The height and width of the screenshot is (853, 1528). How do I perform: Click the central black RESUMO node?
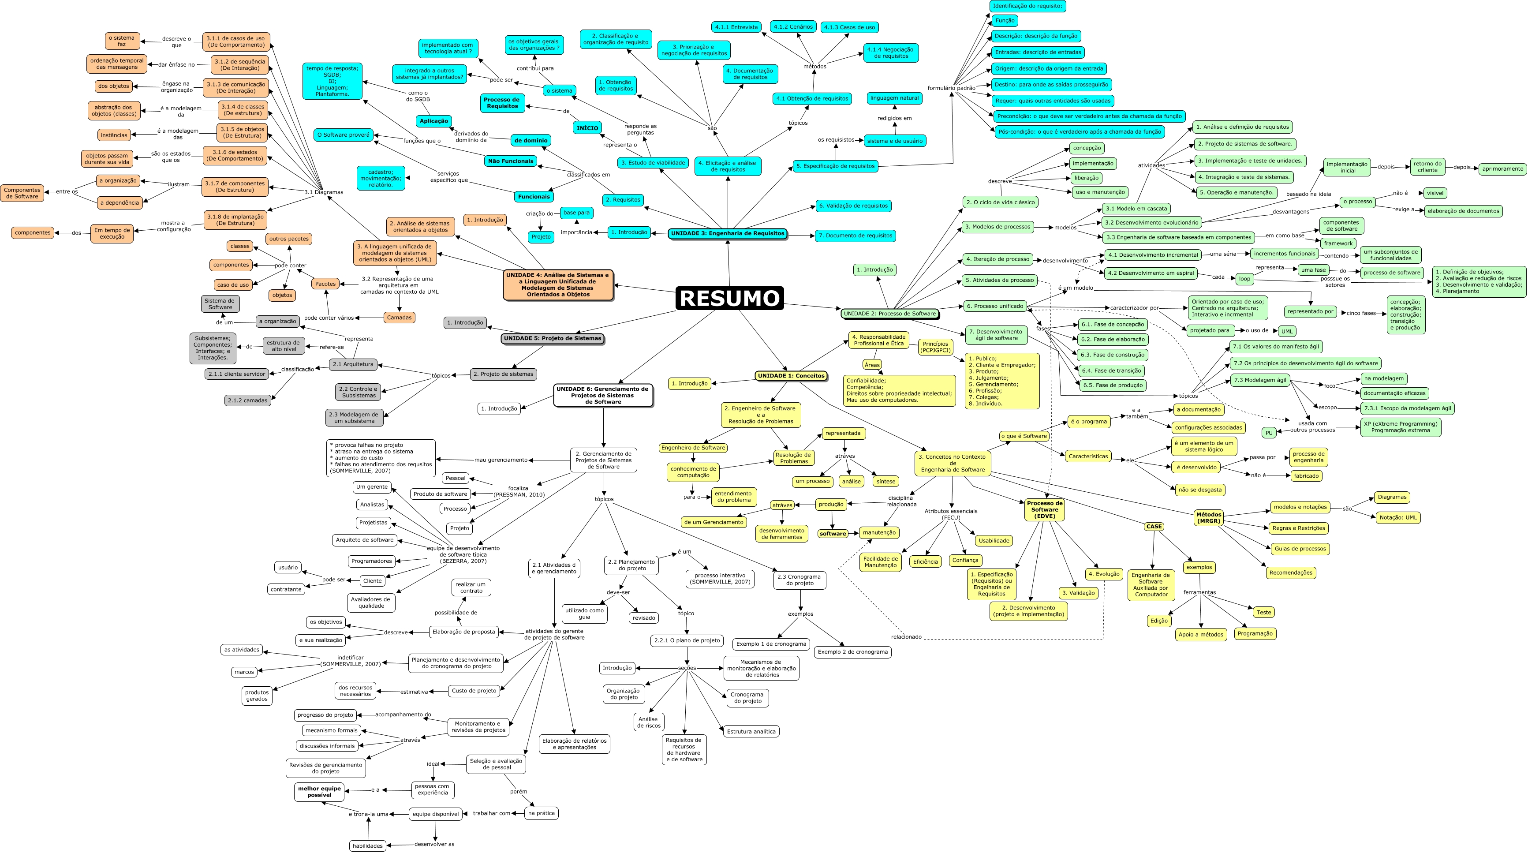(x=729, y=298)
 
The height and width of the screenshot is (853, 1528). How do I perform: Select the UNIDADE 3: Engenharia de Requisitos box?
(x=727, y=234)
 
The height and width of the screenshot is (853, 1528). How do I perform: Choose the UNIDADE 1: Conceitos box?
(x=791, y=375)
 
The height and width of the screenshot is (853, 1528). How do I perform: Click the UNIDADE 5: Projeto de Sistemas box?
(x=552, y=339)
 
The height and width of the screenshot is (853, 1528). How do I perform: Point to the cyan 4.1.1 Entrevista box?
(x=736, y=27)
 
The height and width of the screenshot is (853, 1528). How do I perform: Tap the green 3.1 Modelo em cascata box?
(x=1136, y=209)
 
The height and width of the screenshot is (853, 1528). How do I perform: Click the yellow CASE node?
(x=1154, y=527)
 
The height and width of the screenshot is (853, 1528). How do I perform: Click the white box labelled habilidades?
(x=367, y=846)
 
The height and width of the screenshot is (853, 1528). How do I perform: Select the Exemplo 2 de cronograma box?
(x=852, y=652)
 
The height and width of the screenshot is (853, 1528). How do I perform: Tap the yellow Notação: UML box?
(x=1398, y=518)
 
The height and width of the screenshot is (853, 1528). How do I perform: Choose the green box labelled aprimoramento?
(x=1502, y=169)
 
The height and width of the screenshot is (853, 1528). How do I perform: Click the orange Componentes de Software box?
(x=22, y=193)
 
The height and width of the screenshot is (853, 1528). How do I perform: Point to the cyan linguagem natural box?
(x=894, y=98)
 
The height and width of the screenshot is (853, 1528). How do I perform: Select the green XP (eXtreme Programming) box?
(x=1400, y=427)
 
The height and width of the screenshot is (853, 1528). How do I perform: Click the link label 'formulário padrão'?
(x=951, y=88)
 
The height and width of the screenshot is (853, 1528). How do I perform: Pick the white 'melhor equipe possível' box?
(x=319, y=792)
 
